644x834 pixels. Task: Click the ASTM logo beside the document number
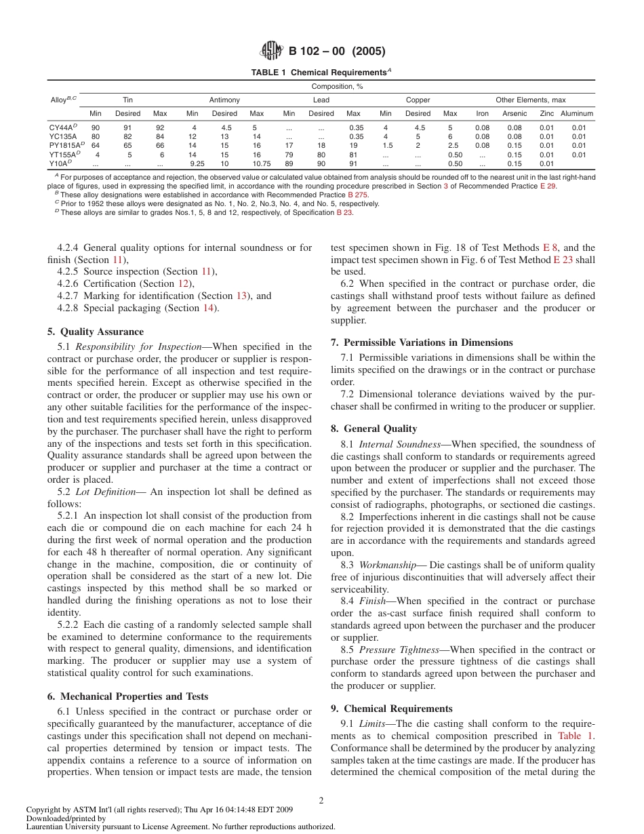point(273,51)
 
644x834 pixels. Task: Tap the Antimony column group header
point(224,100)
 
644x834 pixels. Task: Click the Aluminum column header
point(577,114)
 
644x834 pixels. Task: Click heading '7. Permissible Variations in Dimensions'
point(422,342)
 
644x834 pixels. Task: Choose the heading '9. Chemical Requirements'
point(391,709)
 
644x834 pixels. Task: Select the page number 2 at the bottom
point(321,800)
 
